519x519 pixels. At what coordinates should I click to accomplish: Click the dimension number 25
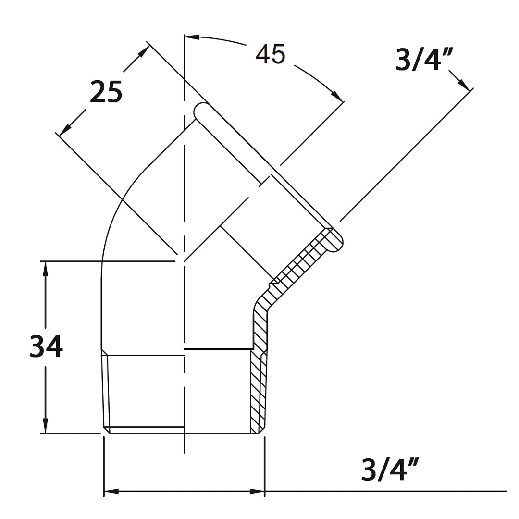(106, 91)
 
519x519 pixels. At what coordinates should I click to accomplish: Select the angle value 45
(270, 54)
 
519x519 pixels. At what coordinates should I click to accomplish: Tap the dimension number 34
(46, 346)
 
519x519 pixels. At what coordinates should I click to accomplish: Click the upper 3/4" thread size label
(424, 60)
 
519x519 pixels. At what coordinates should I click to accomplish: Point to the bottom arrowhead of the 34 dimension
(45, 425)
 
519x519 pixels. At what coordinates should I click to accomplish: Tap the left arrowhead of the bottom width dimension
(111, 491)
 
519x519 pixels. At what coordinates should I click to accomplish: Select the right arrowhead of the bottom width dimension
(257, 491)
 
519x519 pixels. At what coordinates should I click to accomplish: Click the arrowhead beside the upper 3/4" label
(464, 85)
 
